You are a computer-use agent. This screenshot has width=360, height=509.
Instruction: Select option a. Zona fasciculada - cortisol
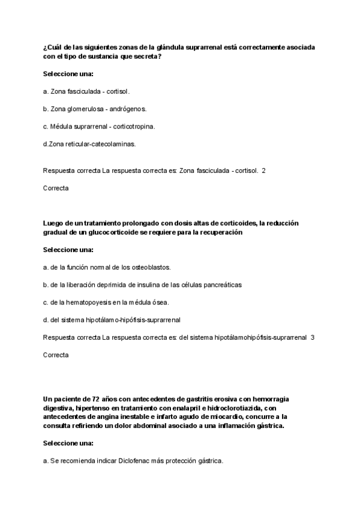click(86, 92)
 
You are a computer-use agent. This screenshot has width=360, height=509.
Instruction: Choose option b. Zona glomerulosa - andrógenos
click(95, 109)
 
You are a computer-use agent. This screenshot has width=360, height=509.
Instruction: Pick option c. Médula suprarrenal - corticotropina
click(100, 126)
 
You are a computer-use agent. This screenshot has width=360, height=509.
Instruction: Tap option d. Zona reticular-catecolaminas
click(89, 143)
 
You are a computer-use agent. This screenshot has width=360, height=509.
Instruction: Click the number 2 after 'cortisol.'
click(263, 170)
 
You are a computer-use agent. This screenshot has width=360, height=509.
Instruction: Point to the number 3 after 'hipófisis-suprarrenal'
click(313, 337)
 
